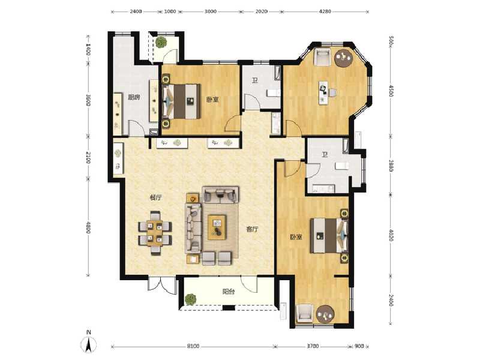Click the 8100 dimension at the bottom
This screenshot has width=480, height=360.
click(191, 346)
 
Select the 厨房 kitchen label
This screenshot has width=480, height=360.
click(133, 98)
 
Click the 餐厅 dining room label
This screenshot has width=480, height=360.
click(157, 197)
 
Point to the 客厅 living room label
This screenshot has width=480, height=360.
click(253, 229)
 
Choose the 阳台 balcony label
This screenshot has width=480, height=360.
click(228, 292)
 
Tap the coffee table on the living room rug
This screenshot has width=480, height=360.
click(217, 227)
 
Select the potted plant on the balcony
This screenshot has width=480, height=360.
click(191, 298)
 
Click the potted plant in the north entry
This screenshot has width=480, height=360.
click(161, 43)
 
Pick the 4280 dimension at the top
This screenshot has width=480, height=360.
click(325, 11)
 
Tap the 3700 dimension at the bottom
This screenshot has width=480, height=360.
click(313, 346)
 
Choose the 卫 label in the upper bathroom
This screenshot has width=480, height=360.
click(255, 81)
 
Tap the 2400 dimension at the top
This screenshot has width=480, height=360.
click(136, 11)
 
